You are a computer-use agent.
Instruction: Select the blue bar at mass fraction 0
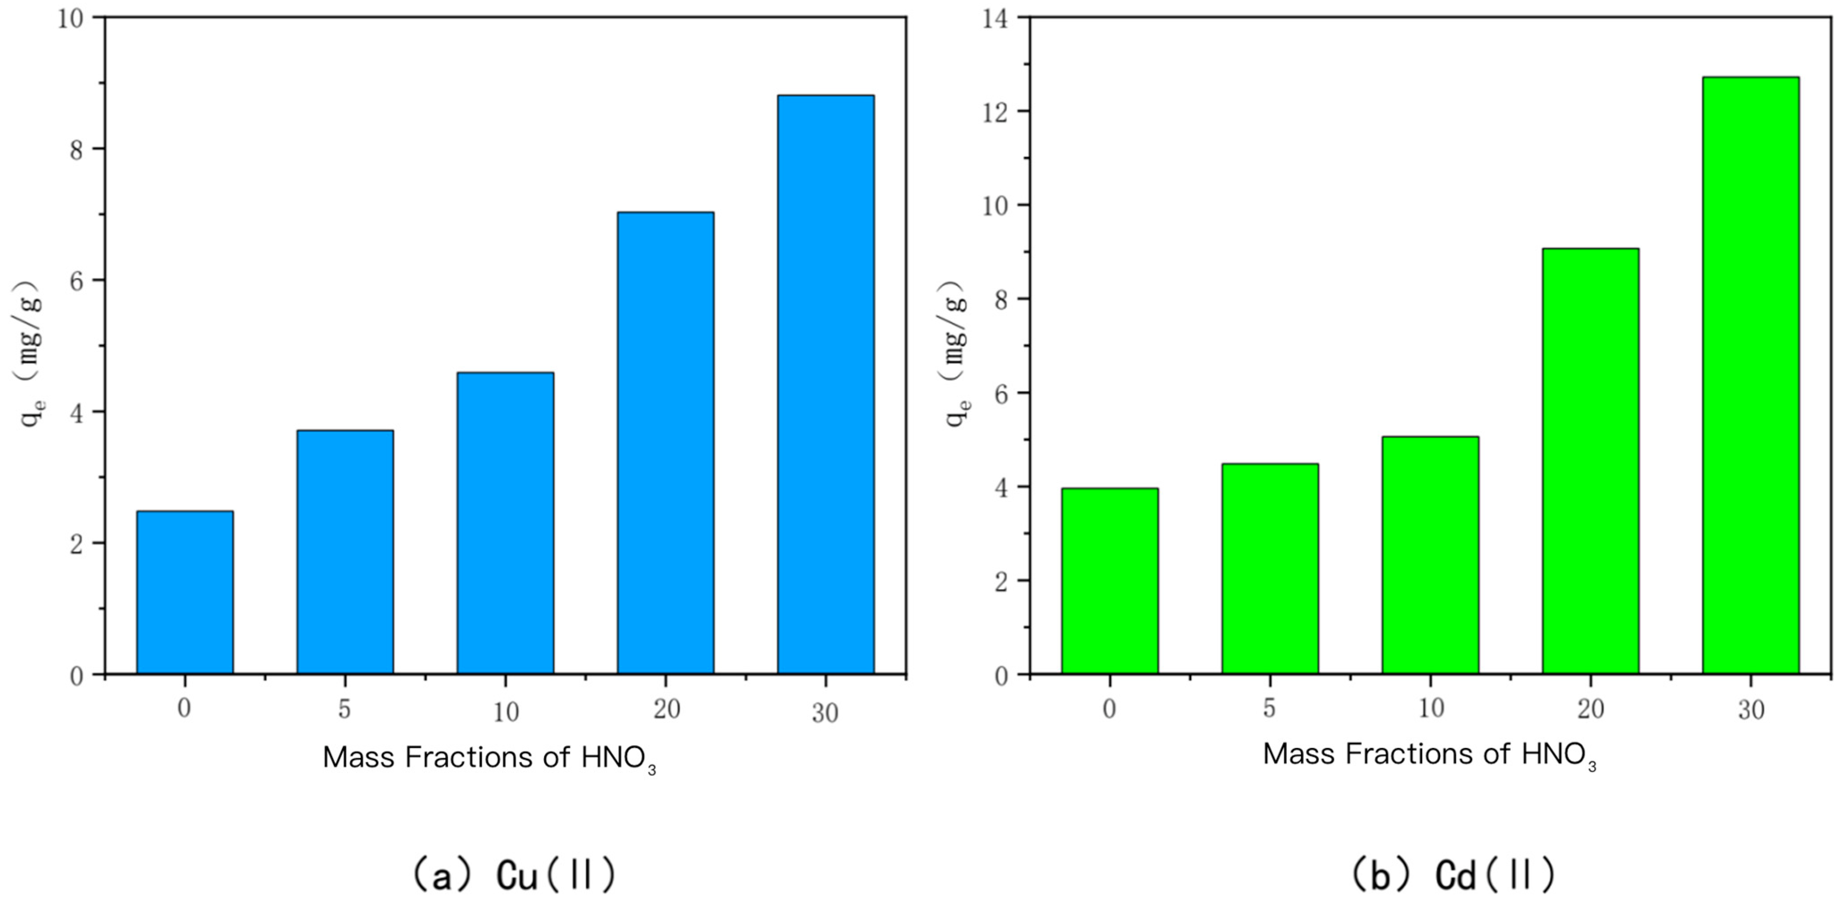184,593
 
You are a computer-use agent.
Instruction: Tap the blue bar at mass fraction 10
505,523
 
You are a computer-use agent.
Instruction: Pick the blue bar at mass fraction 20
666,443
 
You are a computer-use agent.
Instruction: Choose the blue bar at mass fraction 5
345,552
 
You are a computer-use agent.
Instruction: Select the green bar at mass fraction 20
1590,462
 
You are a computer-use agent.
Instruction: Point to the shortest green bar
1110,581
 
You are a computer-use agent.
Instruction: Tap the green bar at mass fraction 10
1430,555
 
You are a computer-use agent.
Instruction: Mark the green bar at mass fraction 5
1270,569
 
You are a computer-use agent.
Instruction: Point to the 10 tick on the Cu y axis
70,18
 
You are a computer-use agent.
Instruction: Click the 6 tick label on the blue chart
76,280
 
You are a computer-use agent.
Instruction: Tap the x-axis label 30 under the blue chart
825,713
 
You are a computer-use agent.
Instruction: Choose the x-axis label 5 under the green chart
1269,709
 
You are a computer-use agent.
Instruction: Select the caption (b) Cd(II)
1453,874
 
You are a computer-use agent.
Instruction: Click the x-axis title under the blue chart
490,758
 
